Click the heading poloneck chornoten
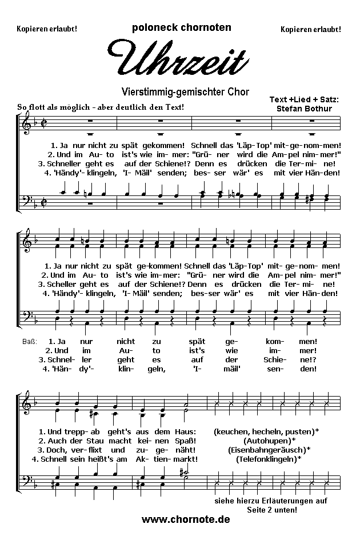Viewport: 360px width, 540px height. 181,27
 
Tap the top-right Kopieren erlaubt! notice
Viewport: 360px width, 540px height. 311,29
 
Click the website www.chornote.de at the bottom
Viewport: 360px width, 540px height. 186,519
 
